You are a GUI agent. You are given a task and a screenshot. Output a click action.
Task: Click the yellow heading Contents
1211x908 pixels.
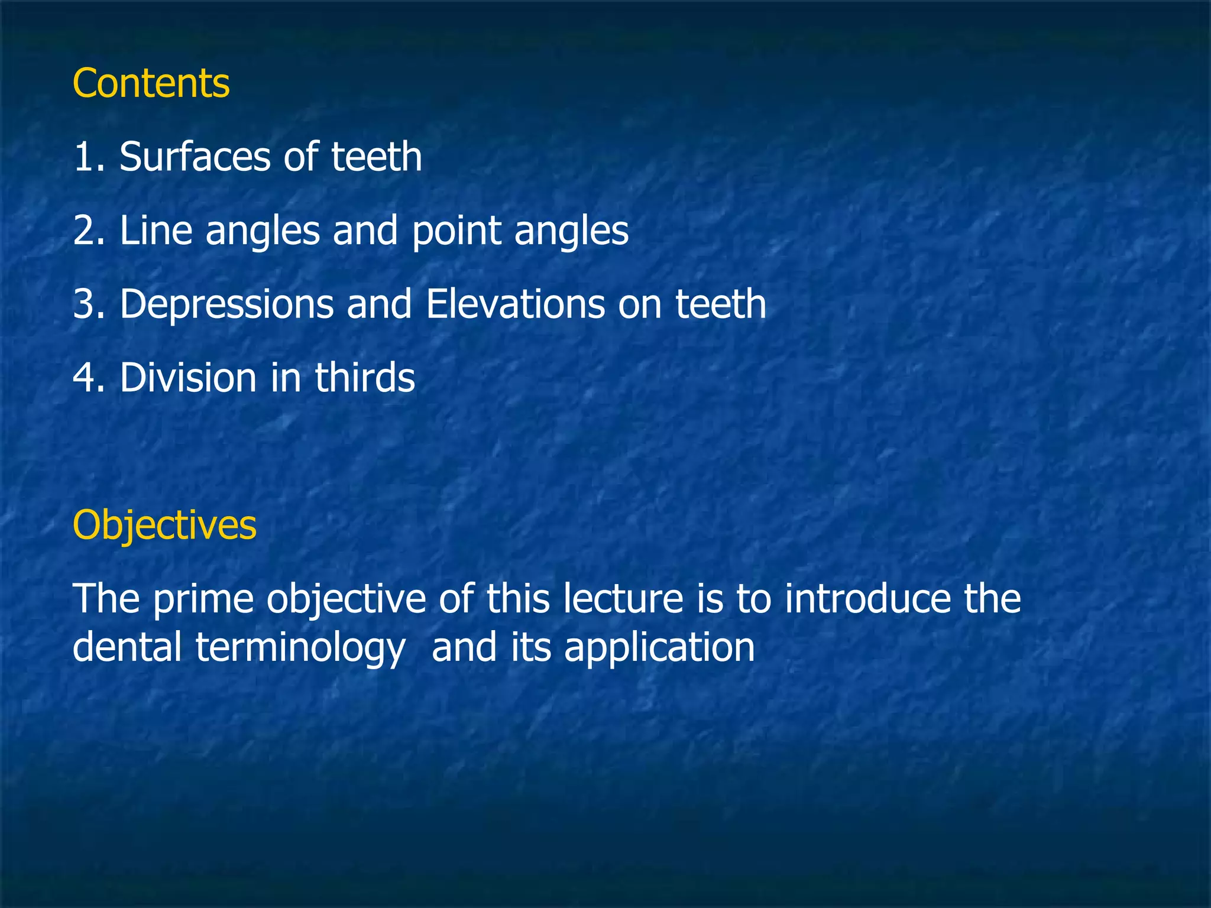(151, 83)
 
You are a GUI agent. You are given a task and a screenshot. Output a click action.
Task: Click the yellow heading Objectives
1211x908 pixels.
(164, 525)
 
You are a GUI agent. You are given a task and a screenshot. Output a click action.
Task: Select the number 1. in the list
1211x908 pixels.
(89, 157)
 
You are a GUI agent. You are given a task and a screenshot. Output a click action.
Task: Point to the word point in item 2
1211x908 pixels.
(456, 232)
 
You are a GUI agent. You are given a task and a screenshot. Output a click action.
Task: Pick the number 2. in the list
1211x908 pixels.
(89, 231)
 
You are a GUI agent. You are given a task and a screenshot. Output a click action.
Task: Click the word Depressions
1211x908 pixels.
(226, 305)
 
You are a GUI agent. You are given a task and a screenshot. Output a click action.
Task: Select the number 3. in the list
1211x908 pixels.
(89, 304)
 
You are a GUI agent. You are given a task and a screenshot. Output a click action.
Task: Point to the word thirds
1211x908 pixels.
(365, 377)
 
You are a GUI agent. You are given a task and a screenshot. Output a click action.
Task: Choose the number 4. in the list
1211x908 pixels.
(89, 377)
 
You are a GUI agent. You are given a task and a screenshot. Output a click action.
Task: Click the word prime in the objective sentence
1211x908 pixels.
(203, 599)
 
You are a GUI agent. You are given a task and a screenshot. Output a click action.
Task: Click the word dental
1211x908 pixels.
(127, 647)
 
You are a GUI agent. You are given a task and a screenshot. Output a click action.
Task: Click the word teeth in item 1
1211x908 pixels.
(376, 157)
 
